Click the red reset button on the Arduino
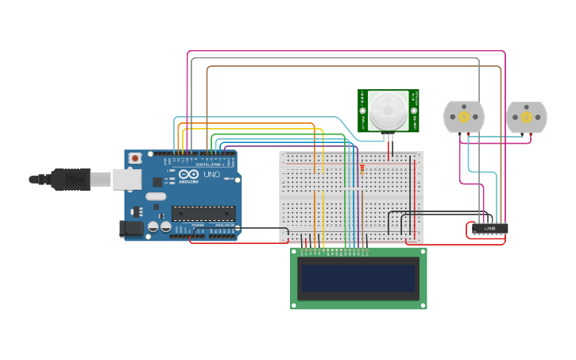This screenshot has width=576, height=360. [x=135, y=158]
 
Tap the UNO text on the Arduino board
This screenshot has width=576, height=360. [x=212, y=175]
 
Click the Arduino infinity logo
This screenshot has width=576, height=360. [x=189, y=175]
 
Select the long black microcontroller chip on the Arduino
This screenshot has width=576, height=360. [x=203, y=213]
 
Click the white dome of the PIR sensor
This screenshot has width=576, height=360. [x=389, y=110]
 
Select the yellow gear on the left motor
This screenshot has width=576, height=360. [x=463, y=117]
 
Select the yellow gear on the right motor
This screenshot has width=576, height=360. [x=527, y=117]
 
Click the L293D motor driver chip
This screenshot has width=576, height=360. [x=489, y=229]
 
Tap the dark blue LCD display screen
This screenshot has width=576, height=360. [x=358, y=278]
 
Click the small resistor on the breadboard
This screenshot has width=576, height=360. [x=362, y=168]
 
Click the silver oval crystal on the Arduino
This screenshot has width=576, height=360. [x=156, y=195]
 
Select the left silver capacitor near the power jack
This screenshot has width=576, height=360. [x=153, y=226]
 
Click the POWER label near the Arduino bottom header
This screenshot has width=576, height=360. [x=196, y=225]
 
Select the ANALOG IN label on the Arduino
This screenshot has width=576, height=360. [x=223, y=225]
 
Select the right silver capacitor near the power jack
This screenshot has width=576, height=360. [x=165, y=226]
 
